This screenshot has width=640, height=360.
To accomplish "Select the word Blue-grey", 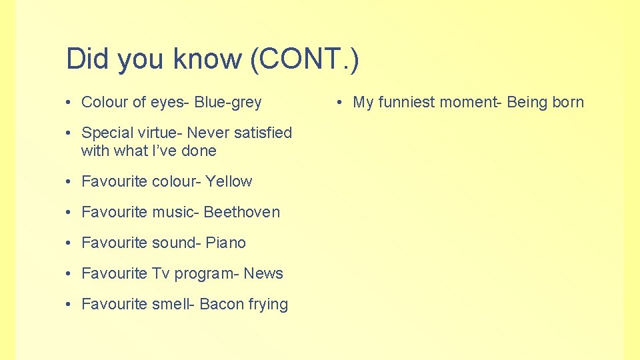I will [228, 103].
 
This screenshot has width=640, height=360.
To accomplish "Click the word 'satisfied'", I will [261, 133].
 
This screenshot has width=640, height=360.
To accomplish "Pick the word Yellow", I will [229, 181].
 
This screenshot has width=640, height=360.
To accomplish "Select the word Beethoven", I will [242, 212].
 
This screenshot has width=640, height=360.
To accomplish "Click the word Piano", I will [225, 243].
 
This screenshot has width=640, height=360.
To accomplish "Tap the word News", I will [263, 273].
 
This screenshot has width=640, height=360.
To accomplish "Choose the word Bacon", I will [222, 304].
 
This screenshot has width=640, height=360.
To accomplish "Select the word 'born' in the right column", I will [568, 103].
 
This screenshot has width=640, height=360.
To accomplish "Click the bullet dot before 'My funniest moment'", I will [340, 103].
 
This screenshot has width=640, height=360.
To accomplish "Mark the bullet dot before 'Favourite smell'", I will [69, 305].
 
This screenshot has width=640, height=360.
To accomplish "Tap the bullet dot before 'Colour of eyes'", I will [69, 103].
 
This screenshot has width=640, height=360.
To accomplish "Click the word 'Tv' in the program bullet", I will [161, 273].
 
